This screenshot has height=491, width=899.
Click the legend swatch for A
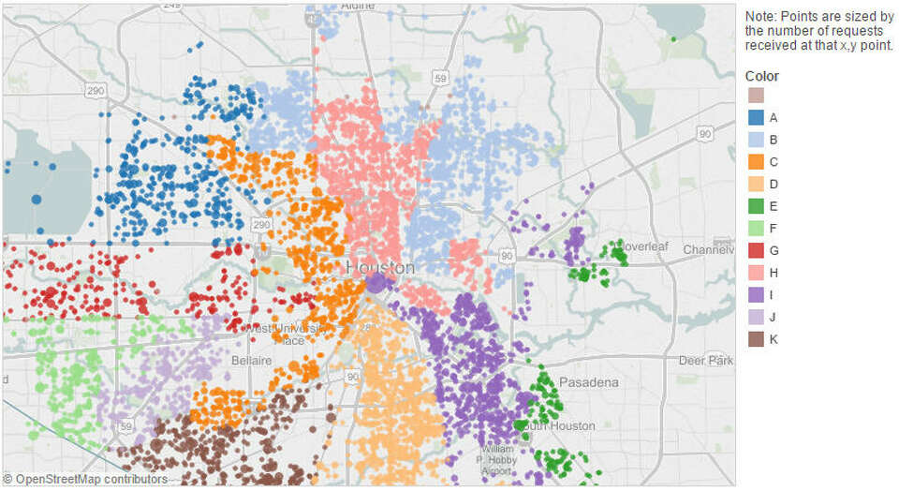coord(755,118)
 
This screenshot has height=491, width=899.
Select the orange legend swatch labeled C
coord(755,162)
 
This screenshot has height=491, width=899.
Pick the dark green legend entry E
coord(755,206)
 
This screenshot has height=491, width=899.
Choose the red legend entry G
coord(755,250)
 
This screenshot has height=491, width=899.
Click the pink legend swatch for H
coord(755,273)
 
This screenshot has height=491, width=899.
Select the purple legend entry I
coord(755,294)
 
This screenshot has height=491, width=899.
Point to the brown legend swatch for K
coord(755,339)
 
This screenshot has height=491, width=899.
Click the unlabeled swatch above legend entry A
coord(755,96)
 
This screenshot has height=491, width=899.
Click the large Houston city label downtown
coord(380,267)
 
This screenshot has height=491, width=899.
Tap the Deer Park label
coord(706,361)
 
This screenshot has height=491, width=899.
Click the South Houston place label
coord(560,426)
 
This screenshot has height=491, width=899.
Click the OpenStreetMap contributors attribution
coord(85,480)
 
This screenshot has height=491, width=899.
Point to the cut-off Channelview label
coord(708,250)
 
